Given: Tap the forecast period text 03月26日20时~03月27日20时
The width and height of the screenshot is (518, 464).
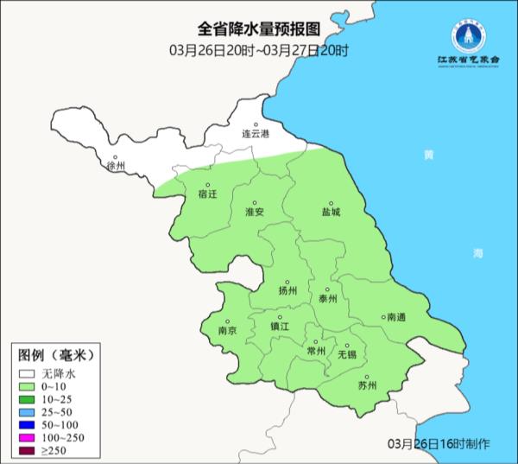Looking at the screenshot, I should point(258,51).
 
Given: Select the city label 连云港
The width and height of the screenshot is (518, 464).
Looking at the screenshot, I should point(255,134).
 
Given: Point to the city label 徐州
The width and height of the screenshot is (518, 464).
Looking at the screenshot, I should point(114,165).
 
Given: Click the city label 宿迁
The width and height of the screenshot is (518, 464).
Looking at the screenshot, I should point(207,194).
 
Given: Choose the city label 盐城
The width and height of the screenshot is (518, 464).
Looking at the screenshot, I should point(331,211).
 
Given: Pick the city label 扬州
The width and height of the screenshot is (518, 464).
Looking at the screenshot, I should point(287,291).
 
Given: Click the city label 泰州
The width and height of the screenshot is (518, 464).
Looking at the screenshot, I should point(327,299).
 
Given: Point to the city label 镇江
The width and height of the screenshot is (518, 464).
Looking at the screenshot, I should point(281,327).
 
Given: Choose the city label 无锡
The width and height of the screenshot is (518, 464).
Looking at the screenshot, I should point(346,354).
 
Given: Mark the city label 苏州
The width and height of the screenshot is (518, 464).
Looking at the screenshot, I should point(367,385).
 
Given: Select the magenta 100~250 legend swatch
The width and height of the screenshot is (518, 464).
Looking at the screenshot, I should point(28,438).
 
